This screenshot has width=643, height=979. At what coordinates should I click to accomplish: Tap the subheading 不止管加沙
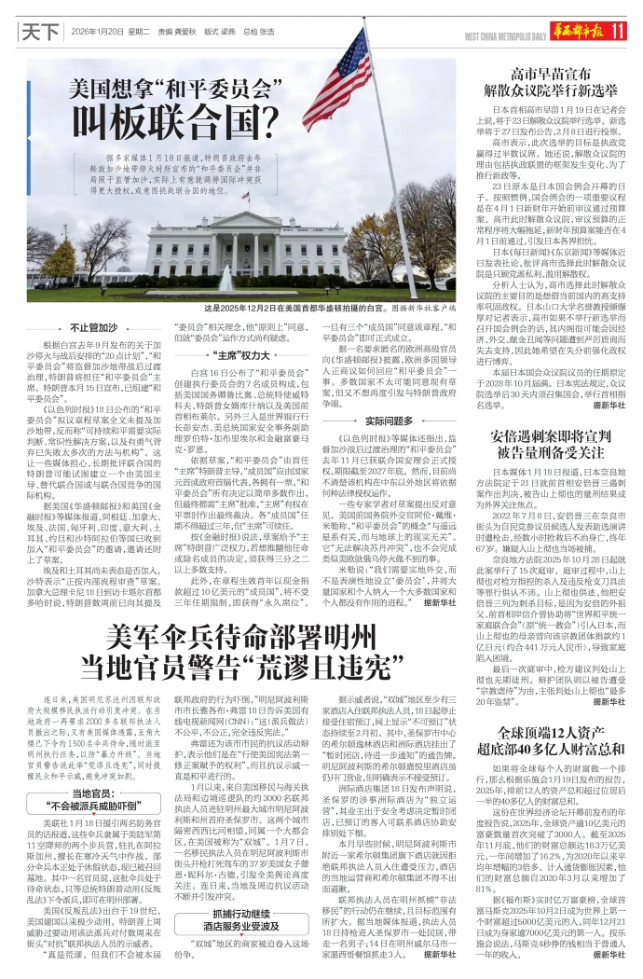click(x=94, y=328)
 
